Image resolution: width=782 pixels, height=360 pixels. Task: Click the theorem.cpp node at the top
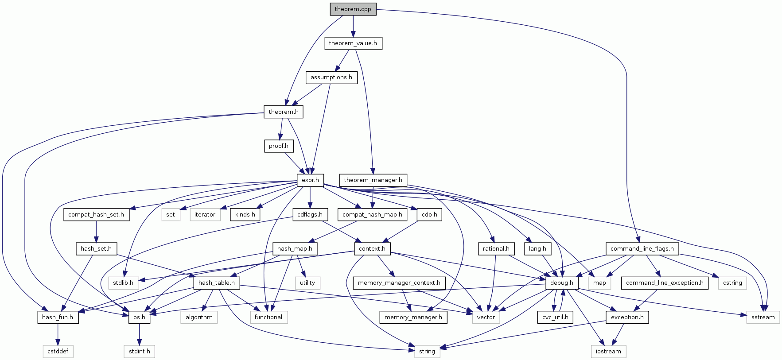[x=353, y=9]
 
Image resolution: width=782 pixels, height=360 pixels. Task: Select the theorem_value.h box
[x=353, y=43]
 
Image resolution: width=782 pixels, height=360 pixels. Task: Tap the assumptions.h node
[x=331, y=77]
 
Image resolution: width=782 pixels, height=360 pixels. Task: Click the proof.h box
[x=278, y=146]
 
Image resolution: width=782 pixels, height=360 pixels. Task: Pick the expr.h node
[x=310, y=180]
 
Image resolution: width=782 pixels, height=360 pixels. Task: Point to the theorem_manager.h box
[x=373, y=180]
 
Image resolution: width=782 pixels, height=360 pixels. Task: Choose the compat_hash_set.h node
[x=96, y=215]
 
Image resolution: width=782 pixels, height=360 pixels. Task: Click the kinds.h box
[x=245, y=215]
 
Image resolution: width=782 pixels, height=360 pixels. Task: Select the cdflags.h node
[x=310, y=215]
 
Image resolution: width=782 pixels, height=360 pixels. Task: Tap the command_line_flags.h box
[x=642, y=249]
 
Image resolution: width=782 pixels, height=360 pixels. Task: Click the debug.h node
[x=561, y=283]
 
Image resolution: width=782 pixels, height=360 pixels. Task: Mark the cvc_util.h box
[x=555, y=317]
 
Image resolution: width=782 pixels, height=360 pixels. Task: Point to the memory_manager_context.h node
[x=399, y=283]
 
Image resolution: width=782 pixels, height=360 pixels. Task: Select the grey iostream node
[x=608, y=352]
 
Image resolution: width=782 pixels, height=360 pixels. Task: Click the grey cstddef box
[x=58, y=352]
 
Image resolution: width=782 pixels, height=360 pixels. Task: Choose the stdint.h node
[x=139, y=352]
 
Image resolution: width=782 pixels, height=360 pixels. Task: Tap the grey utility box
[x=307, y=283]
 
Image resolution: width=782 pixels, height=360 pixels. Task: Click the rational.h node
[x=496, y=249]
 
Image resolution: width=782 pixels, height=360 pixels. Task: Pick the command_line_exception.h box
[x=664, y=283]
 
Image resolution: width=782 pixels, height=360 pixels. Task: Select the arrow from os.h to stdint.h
[x=139, y=334]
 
